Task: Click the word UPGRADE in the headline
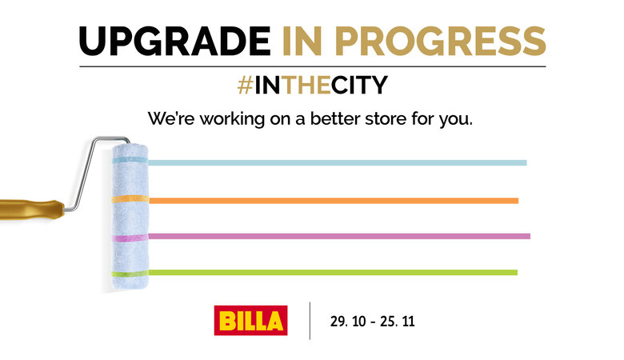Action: coord(174,41)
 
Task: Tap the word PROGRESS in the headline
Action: coord(441,41)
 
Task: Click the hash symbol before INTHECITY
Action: coord(245,85)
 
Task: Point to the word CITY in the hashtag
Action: coord(359,85)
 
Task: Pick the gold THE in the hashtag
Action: coord(306,85)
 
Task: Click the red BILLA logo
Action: coord(250,320)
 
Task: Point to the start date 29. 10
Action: coord(348,321)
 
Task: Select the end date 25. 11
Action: coord(397,321)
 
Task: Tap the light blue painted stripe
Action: coord(337,162)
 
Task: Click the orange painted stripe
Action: coord(334,201)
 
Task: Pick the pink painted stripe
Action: coord(339,236)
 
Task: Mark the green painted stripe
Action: coord(333,273)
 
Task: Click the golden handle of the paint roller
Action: coord(32,210)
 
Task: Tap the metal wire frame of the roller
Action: coord(85,175)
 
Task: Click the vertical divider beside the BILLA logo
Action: coord(310,321)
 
